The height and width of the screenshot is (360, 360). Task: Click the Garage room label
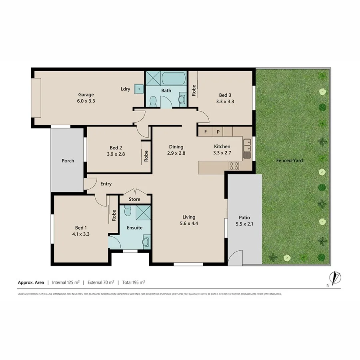(86, 95)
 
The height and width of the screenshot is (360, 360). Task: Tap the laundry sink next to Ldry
(138, 89)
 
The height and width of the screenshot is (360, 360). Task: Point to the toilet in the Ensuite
(128, 210)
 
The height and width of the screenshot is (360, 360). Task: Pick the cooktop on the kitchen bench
(234, 166)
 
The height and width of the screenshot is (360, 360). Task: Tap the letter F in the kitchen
(206, 132)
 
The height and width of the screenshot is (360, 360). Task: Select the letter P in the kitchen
(218, 132)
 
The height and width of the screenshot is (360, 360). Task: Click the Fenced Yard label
(290, 160)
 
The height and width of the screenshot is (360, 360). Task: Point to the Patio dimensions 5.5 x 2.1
(245, 224)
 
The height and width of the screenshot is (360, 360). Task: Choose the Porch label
(68, 161)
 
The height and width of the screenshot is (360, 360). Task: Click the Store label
(134, 199)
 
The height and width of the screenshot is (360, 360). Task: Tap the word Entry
(106, 184)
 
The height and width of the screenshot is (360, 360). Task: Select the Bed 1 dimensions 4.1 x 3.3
(80, 234)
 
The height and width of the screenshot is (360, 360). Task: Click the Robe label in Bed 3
(194, 90)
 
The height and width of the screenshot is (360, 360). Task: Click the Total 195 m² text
(134, 282)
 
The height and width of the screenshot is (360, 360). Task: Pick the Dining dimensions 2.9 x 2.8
(176, 153)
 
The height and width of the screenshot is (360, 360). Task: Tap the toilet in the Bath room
(152, 103)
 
